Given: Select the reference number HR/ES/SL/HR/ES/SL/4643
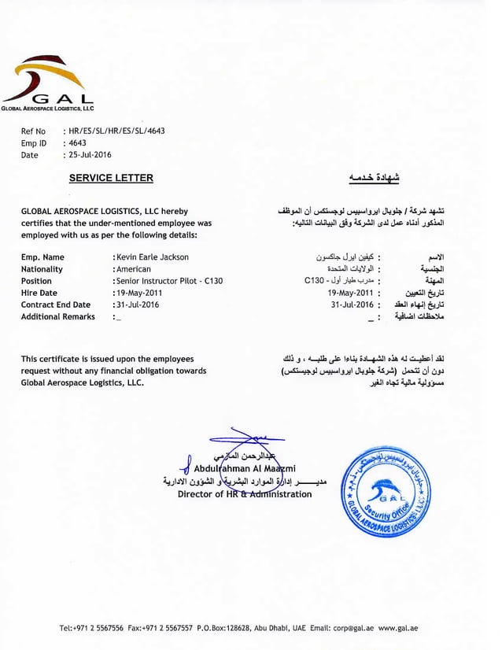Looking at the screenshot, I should tap(116, 131).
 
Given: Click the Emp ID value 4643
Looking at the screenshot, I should tap(78, 143).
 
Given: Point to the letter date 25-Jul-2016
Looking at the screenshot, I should tap(90, 155).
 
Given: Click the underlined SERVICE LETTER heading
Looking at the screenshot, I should tap(111, 179).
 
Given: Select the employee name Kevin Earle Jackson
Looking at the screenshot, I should tap(152, 257).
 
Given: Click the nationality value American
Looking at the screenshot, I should tap(133, 269).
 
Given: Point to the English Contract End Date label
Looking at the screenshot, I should tap(56, 305).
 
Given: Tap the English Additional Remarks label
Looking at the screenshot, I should tap(57, 316).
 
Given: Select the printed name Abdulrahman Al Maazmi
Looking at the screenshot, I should tap(244, 469).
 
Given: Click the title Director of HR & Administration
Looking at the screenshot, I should tap(245, 494).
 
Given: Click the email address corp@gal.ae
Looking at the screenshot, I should tap(353, 628).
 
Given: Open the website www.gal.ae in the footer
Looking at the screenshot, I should tap(398, 628).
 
